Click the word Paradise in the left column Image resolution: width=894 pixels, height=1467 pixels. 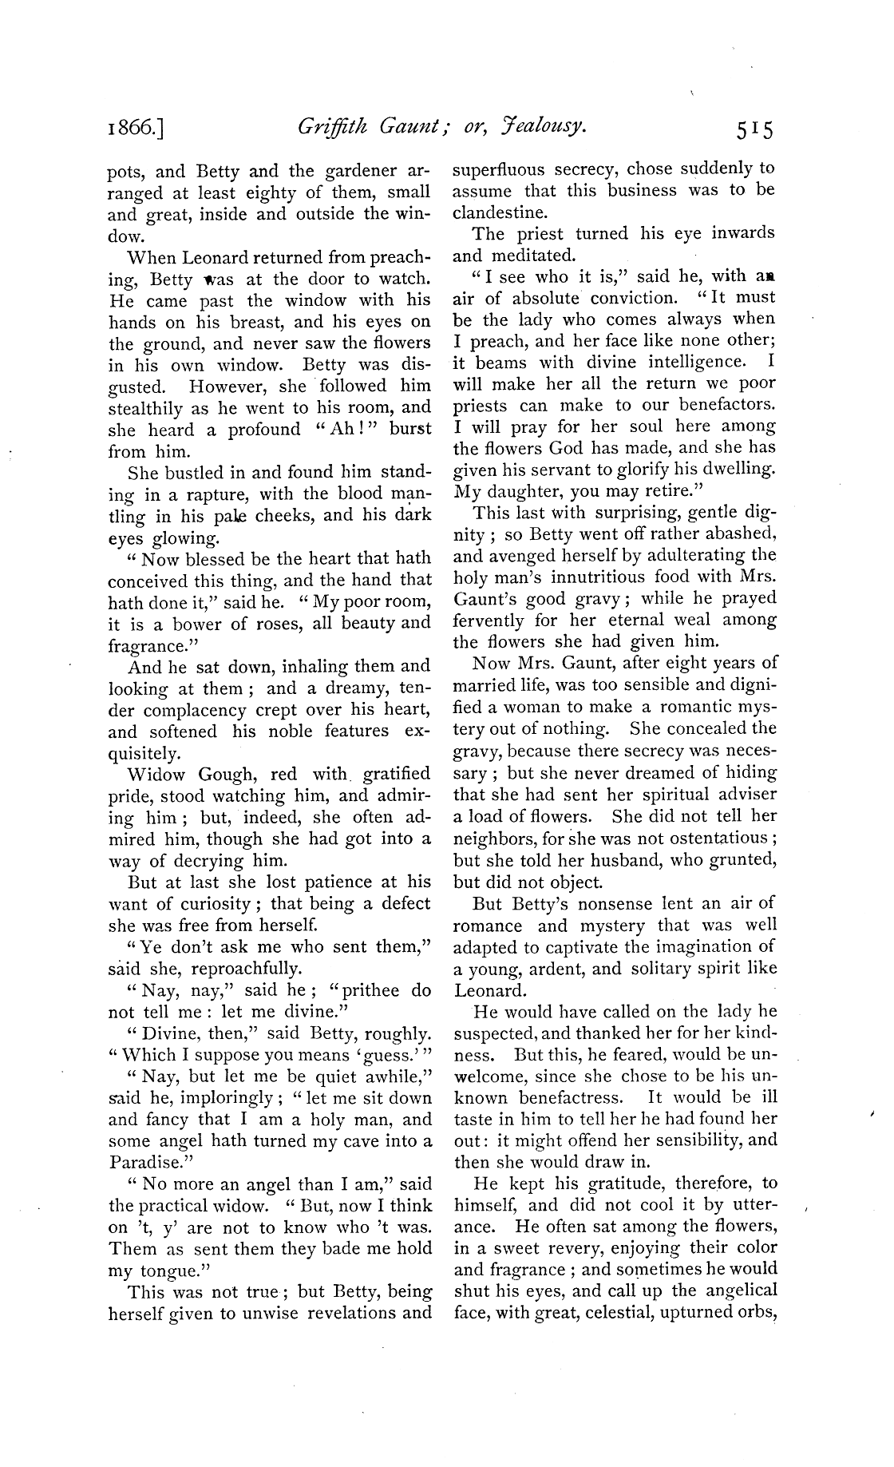click(x=141, y=1163)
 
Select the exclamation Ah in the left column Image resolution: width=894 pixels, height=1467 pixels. click(x=338, y=430)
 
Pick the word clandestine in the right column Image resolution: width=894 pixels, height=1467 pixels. click(x=500, y=212)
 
